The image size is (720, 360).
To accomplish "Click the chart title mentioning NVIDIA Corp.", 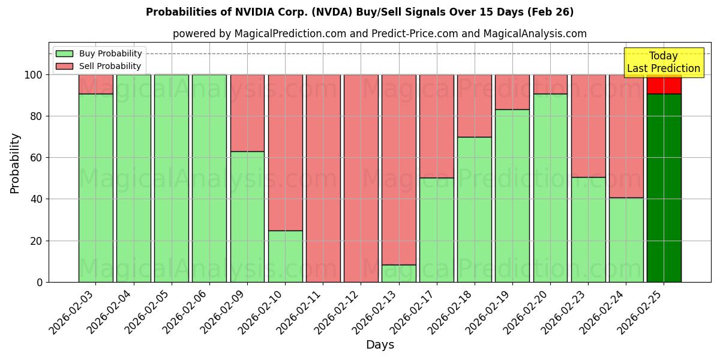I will pyautogui.click(x=359, y=12).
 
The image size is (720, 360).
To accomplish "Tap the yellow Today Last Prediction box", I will pyautogui.click(x=663, y=62).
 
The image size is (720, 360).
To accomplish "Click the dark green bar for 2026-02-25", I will pyautogui.click(x=664, y=188).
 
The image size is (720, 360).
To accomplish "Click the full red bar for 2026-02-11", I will pyautogui.click(x=323, y=178).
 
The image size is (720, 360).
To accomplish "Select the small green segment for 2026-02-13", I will pyautogui.click(x=399, y=273).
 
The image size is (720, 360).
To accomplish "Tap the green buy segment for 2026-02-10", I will pyautogui.click(x=285, y=256).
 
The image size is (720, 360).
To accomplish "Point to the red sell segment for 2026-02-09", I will pyautogui.click(x=247, y=113).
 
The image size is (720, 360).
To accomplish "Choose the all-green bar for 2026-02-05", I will pyautogui.click(x=172, y=178).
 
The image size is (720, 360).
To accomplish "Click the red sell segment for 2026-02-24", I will pyautogui.click(x=626, y=136).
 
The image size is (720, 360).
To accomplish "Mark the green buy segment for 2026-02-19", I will pyautogui.click(x=512, y=196).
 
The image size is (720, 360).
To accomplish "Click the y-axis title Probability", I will pyautogui.click(x=15, y=163).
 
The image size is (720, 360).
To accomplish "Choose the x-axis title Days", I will pyautogui.click(x=380, y=345).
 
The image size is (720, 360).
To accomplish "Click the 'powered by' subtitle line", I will pyautogui.click(x=380, y=34).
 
